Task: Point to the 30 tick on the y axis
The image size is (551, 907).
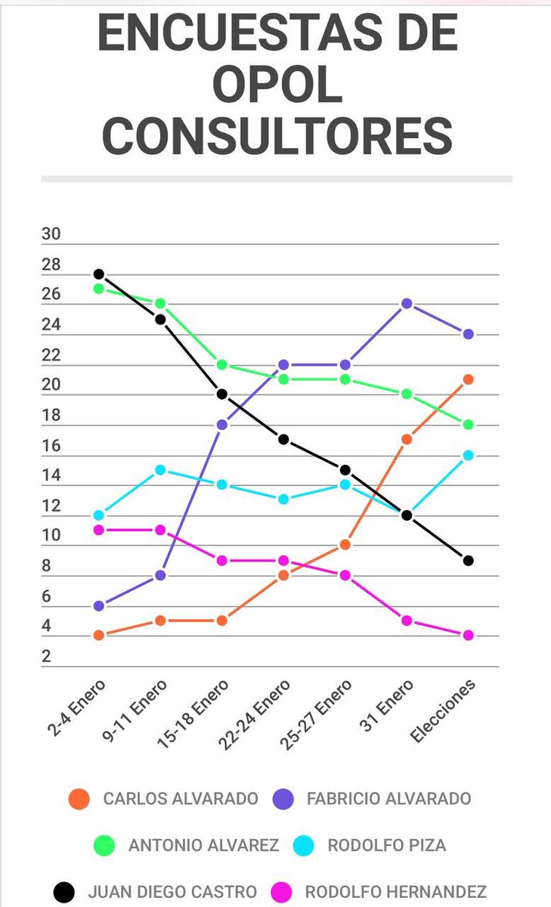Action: coord(51,234)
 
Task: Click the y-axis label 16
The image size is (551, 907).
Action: coord(51,446)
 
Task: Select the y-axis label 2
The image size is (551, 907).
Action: coord(46,657)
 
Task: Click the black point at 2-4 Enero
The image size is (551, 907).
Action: coord(98,274)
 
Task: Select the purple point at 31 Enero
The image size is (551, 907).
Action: coord(407,303)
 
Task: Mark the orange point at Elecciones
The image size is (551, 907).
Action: coord(469,379)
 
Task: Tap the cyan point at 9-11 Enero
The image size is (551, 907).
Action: coord(160,469)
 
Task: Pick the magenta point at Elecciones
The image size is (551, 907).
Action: coord(469,635)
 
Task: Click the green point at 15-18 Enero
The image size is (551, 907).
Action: coord(222,364)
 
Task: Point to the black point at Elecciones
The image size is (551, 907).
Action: coord(469,560)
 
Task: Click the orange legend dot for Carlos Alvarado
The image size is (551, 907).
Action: coord(79,799)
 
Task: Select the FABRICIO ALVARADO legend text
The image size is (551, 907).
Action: coord(389,799)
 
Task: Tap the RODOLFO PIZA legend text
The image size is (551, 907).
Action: coord(386,845)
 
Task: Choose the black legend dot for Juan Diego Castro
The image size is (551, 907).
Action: coord(64,892)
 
